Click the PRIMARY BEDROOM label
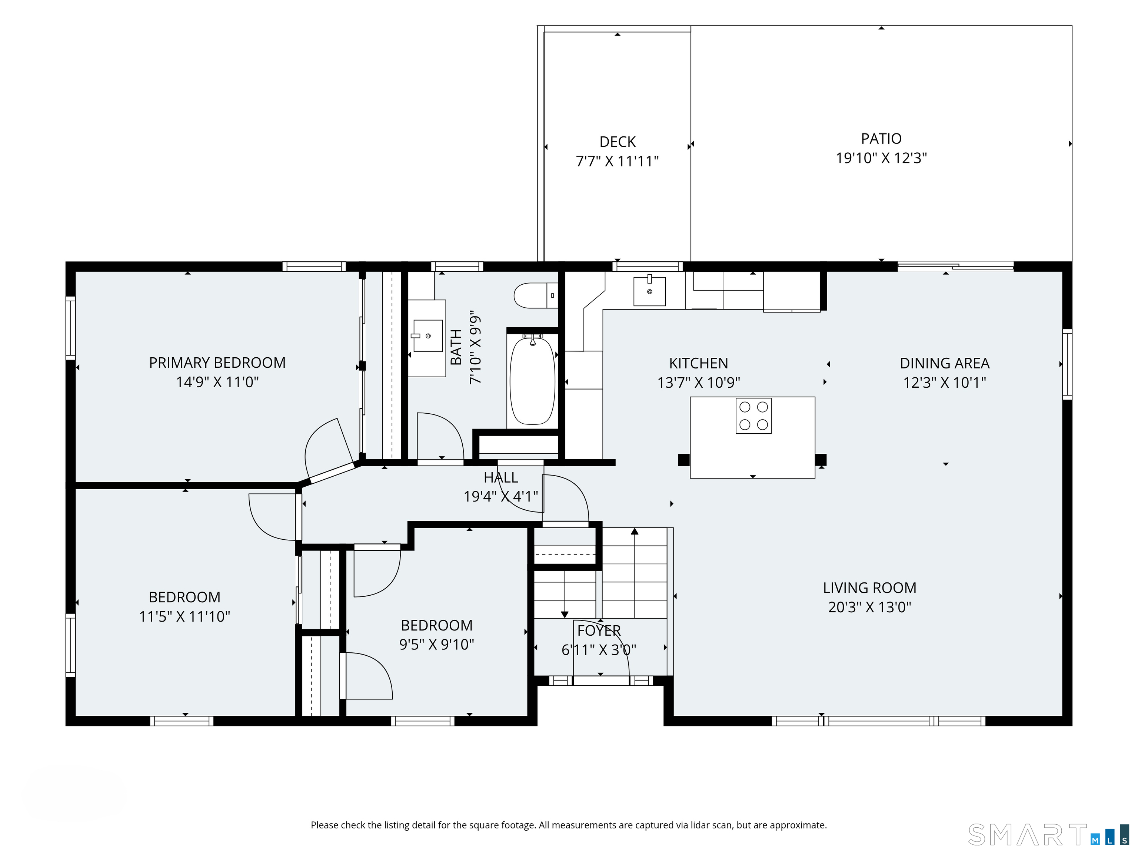217,363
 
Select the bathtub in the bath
532,381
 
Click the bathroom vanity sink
427,335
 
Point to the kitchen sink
649,291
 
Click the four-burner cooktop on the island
753,416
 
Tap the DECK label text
618,142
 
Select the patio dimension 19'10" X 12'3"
881,158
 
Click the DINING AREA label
945,363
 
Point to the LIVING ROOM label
869,588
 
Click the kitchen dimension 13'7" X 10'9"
699,383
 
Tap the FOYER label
599,630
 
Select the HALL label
500,478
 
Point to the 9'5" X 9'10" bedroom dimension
437,645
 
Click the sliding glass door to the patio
955,267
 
